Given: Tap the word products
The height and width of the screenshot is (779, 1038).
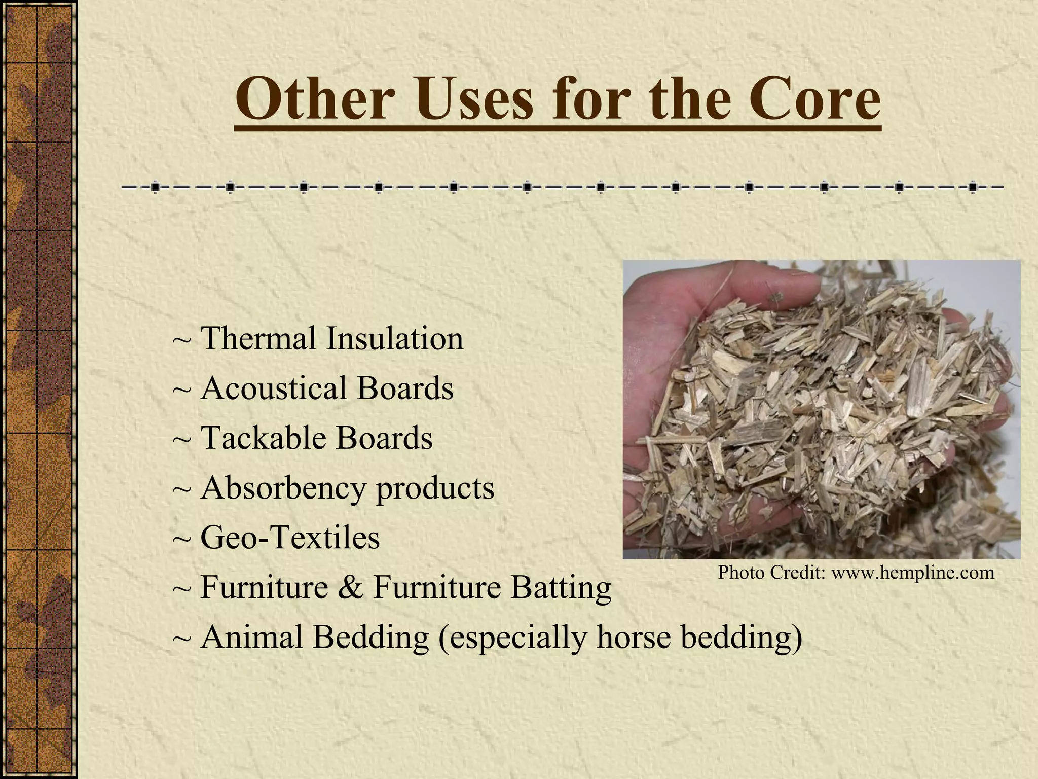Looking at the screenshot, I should point(435,488).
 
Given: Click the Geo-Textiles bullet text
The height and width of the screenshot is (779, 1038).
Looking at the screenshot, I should point(290,538).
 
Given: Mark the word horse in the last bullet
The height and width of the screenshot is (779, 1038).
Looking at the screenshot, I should point(634,637).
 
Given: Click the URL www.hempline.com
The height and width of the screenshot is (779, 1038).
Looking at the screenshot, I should point(913,573).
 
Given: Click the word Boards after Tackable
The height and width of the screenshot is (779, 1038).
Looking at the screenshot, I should point(384,438).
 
